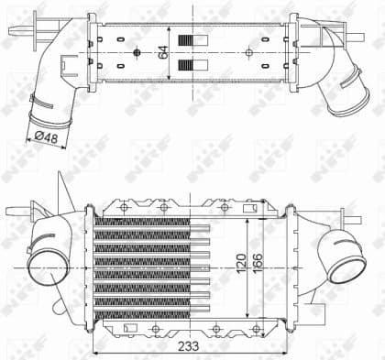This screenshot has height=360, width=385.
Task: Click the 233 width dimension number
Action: pos(189,345)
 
